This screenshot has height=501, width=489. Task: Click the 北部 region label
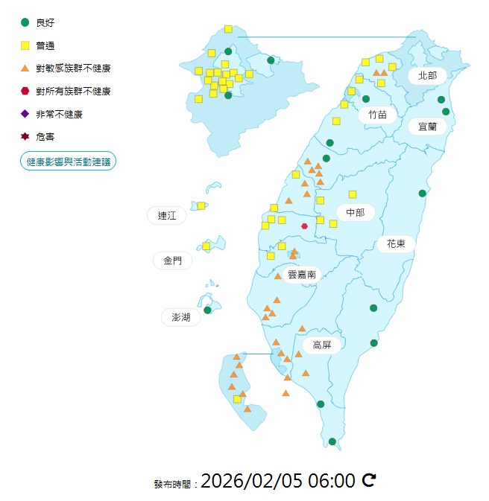point(427,75)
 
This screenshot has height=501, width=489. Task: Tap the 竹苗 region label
point(377,115)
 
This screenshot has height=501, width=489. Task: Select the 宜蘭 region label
point(427,127)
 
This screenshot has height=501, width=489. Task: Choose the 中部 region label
point(356,213)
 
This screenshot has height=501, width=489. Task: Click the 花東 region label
point(396,243)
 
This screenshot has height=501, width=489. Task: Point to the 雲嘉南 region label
point(302,274)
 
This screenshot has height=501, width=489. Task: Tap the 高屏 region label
point(322,345)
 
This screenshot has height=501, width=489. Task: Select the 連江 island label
point(167,216)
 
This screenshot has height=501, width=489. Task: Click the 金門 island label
point(172,261)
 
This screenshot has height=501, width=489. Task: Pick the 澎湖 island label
point(181,317)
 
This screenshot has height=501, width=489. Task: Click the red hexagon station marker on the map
point(304,226)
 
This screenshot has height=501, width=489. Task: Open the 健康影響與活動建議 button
point(68,161)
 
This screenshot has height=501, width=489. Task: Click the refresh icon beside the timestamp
point(368,480)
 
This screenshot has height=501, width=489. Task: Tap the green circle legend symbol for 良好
point(25,22)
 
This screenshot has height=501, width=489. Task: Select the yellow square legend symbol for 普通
point(25,45)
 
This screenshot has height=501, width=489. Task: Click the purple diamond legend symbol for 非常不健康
point(25,114)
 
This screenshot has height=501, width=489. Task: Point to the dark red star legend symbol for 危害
point(25,137)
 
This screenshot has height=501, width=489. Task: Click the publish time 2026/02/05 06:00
point(278,481)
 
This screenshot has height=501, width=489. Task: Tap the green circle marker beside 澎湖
point(208,310)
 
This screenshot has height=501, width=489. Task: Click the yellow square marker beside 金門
point(206,246)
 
